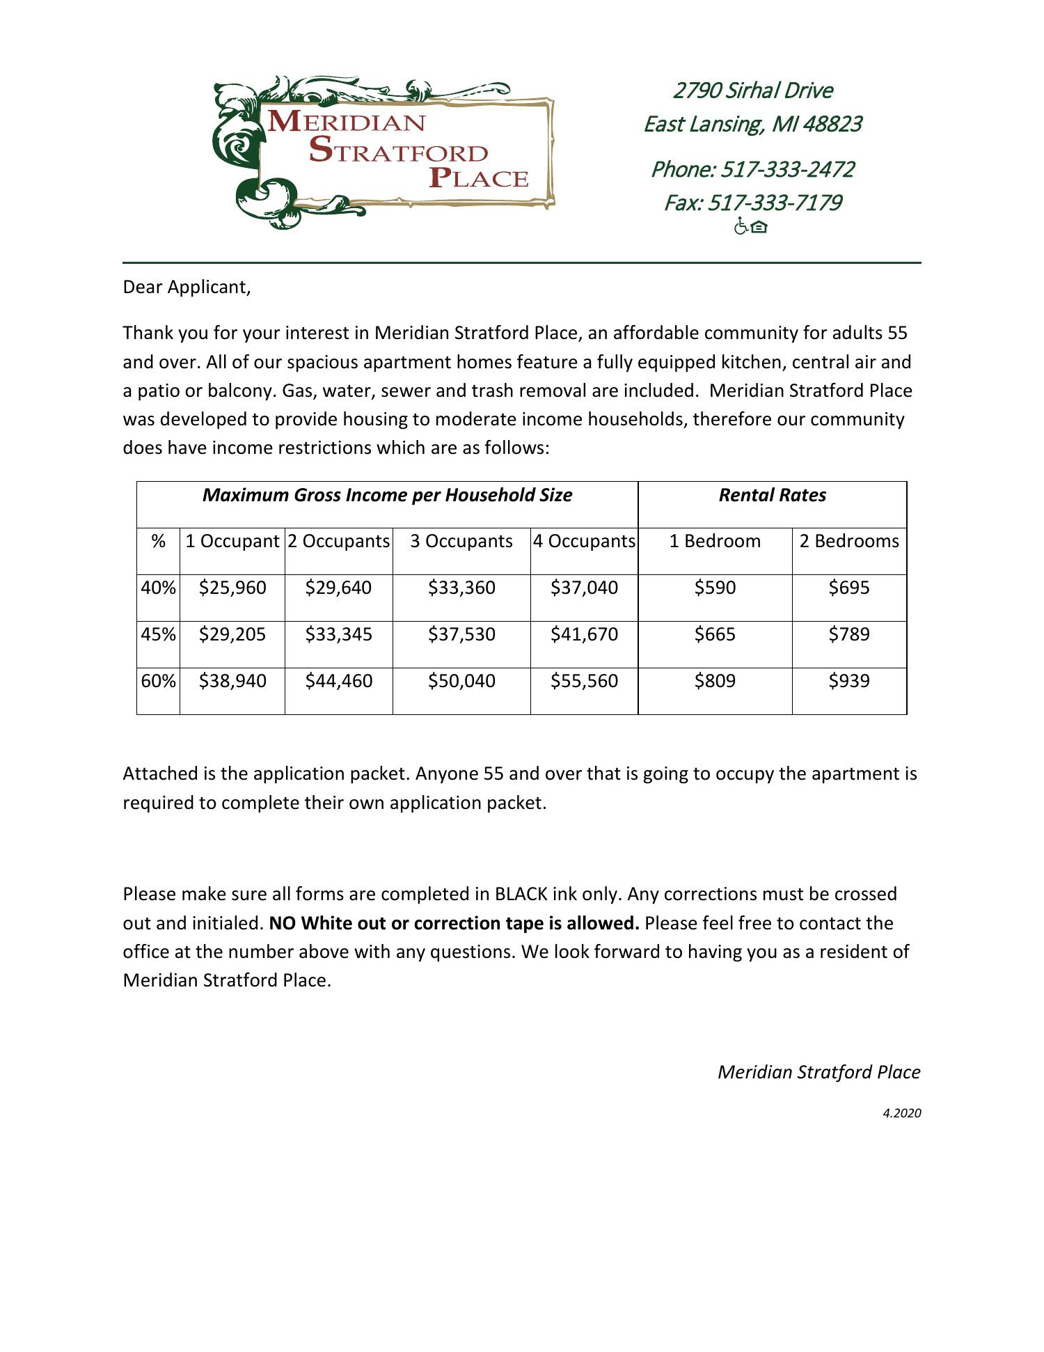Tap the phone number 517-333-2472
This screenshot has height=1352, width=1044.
tap(786, 169)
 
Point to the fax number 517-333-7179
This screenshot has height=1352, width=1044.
tap(775, 203)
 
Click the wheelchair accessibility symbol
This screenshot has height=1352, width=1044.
tap(741, 226)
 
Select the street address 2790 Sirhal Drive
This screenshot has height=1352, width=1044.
tap(752, 91)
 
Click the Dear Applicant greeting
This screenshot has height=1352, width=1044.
tap(187, 287)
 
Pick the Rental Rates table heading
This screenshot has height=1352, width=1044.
tap(772, 495)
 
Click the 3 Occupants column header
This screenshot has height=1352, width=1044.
tap(461, 541)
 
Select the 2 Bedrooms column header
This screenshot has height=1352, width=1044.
tap(848, 541)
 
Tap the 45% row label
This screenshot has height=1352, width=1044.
tap(158, 634)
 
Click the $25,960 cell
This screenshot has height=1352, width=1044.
tap(232, 588)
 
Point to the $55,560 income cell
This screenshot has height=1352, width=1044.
tap(584, 680)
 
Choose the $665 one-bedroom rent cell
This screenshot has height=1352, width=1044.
tap(715, 634)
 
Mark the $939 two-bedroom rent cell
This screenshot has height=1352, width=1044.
tap(848, 680)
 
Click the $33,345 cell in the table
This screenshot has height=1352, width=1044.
tap(338, 634)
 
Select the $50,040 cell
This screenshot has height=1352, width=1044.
tap(461, 680)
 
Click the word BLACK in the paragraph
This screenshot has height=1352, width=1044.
tap(521, 894)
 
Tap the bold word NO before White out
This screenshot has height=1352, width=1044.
tap(282, 923)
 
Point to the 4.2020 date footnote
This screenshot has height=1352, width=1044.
tap(901, 1113)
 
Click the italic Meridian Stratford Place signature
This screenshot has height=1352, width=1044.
tap(818, 1072)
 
